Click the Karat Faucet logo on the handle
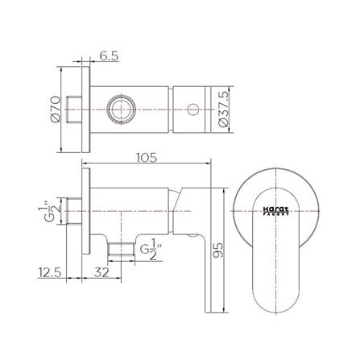(x=275, y=209)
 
